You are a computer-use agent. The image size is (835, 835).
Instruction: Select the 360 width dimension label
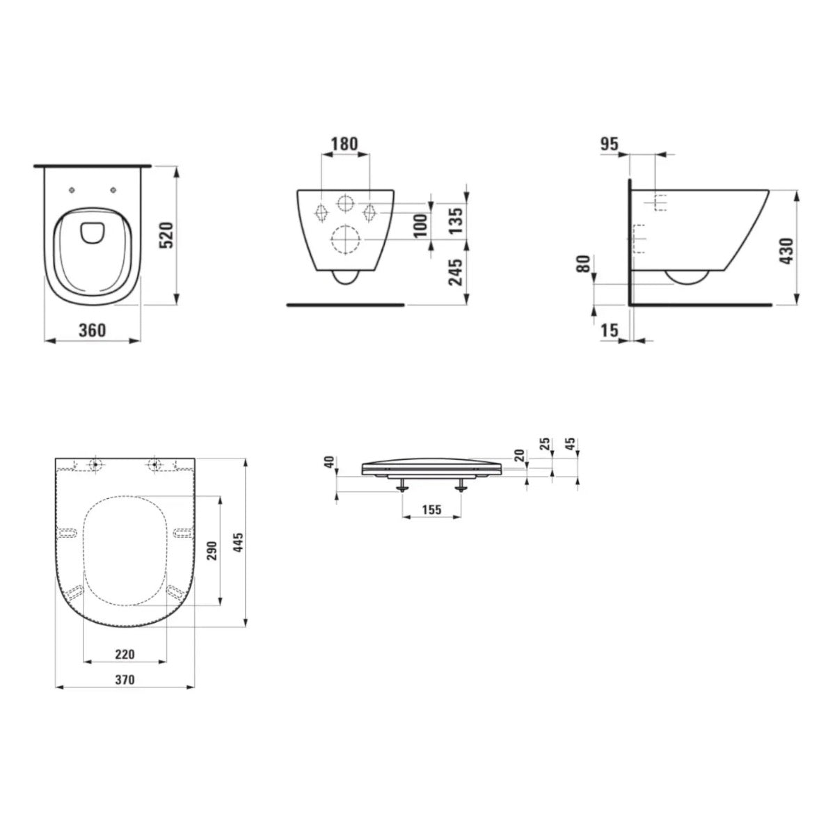click(92, 330)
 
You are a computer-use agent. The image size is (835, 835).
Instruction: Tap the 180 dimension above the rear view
click(344, 144)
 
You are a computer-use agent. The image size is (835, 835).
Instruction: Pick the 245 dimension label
click(456, 273)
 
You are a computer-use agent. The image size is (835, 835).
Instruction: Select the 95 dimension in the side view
click(609, 144)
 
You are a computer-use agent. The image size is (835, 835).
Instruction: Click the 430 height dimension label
click(786, 250)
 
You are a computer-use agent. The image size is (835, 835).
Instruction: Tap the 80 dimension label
click(584, 263)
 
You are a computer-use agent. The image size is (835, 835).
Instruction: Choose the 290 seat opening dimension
click(212, 550)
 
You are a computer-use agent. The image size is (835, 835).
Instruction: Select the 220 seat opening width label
click(125, 654)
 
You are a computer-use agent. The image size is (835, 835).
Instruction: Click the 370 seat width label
click(125, 679)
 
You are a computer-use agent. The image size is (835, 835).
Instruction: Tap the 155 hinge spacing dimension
click(431, 509)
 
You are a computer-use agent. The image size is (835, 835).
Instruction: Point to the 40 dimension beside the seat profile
click(328, 462)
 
